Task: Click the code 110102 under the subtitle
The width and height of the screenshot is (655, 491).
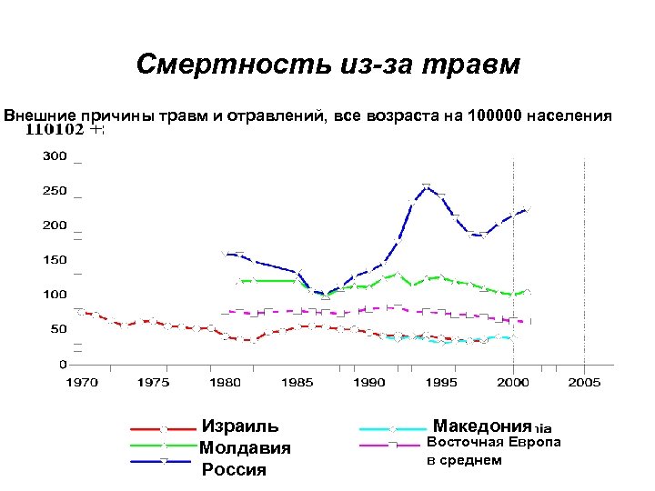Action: [x=55, y=129]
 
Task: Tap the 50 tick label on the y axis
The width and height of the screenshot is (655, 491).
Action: [x=58, y=329]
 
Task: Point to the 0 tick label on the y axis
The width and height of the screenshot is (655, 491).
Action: [x=62, y=364]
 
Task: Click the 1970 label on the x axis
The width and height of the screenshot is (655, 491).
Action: [x=81, y=383]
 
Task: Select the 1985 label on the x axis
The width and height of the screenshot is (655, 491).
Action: [x=297, y=383]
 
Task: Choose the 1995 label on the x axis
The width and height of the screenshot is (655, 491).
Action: [x=441, y=383]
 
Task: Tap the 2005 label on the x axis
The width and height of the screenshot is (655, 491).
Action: [x=584, y=383]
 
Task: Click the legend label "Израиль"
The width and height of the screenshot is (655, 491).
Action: [x=240, y=426]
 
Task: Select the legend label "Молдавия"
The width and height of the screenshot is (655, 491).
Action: [x=245, y=448]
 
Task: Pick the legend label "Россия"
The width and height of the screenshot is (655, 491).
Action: [x=234, y=470]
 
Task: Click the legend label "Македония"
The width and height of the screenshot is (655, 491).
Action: [x=481, y=426]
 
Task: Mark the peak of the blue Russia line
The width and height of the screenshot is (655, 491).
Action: [x=427, y=186]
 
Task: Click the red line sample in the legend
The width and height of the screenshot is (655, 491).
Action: [x=164, y=427]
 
